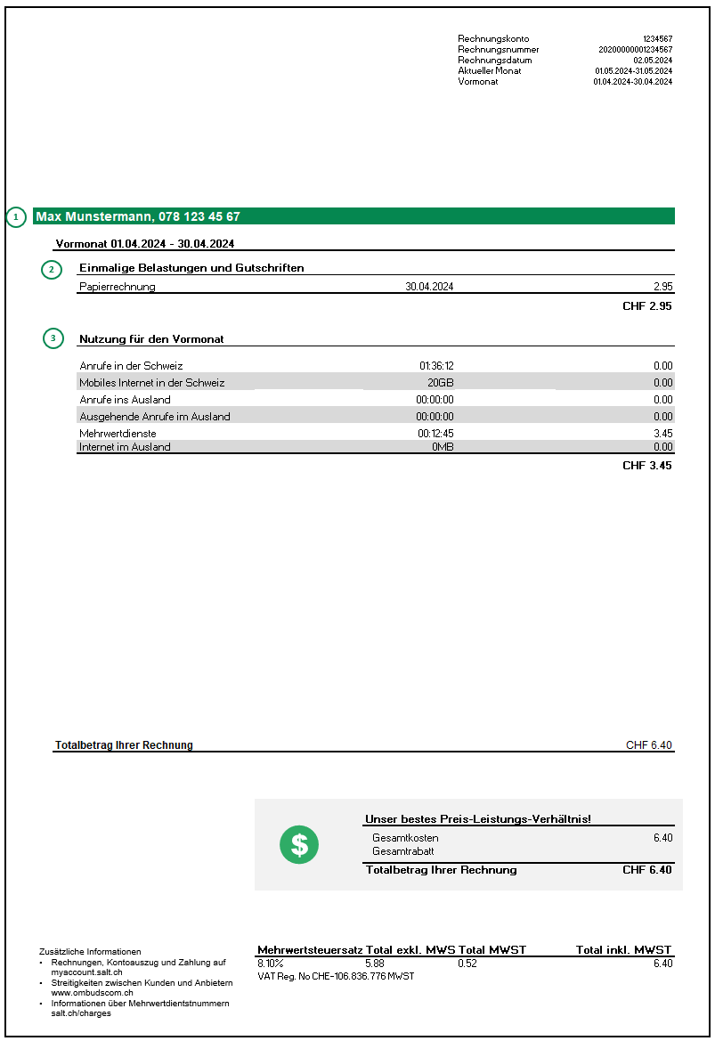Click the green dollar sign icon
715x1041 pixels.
coord(299,844)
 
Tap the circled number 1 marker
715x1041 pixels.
coord(16,216)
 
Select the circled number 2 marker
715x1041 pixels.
coord(52,269)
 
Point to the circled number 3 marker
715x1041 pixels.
coord(53,338)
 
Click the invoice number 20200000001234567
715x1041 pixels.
coord(635,50)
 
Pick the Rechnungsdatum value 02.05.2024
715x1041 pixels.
coord(653,61)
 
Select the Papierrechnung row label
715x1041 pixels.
coord(117,287)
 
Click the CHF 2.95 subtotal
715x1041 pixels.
coord(646,306)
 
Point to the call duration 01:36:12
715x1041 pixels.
coord(436,366)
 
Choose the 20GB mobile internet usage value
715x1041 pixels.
coord(440,383)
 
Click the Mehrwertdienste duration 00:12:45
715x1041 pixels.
coord(436,434)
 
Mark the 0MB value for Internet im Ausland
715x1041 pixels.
coord(443,447)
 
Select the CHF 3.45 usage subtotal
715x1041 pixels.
coord(646,466)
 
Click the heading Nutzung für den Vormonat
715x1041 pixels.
coord(151,339)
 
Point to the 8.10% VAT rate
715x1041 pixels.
coord(270,964)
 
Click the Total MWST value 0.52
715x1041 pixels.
coord(467,964)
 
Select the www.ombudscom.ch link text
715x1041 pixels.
coord(93,993)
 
